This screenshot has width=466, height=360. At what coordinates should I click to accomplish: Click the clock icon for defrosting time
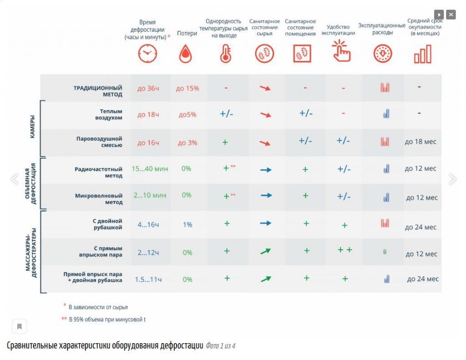[147, 54]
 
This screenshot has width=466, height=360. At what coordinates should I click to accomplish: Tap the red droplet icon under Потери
[185, 54]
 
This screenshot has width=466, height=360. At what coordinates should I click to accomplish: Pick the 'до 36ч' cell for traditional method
[148, 88]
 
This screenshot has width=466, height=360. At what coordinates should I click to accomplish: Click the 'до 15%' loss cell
[187, 88]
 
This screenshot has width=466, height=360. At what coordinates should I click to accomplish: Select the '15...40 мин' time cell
[150, 169]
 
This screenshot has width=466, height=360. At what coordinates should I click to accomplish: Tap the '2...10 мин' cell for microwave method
[150, 195]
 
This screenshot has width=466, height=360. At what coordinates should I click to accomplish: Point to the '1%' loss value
[187, 224]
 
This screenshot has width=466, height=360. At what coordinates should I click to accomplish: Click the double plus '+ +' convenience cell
[344, 250]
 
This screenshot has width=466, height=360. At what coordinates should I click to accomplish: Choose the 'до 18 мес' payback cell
[420, 142]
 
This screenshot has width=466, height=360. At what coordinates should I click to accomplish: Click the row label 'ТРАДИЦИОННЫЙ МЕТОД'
[98, 91]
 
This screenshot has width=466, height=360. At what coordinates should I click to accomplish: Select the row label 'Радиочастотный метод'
[99, 172]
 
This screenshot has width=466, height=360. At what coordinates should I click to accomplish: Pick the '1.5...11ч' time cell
[148, 279]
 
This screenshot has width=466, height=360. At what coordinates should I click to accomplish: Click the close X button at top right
[451, 15]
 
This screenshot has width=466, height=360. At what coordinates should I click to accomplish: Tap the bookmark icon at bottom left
[20, 326]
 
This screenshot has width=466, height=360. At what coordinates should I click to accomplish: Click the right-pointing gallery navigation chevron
[452, 179]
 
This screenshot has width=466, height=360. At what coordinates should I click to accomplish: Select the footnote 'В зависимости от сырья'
[98, 307]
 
